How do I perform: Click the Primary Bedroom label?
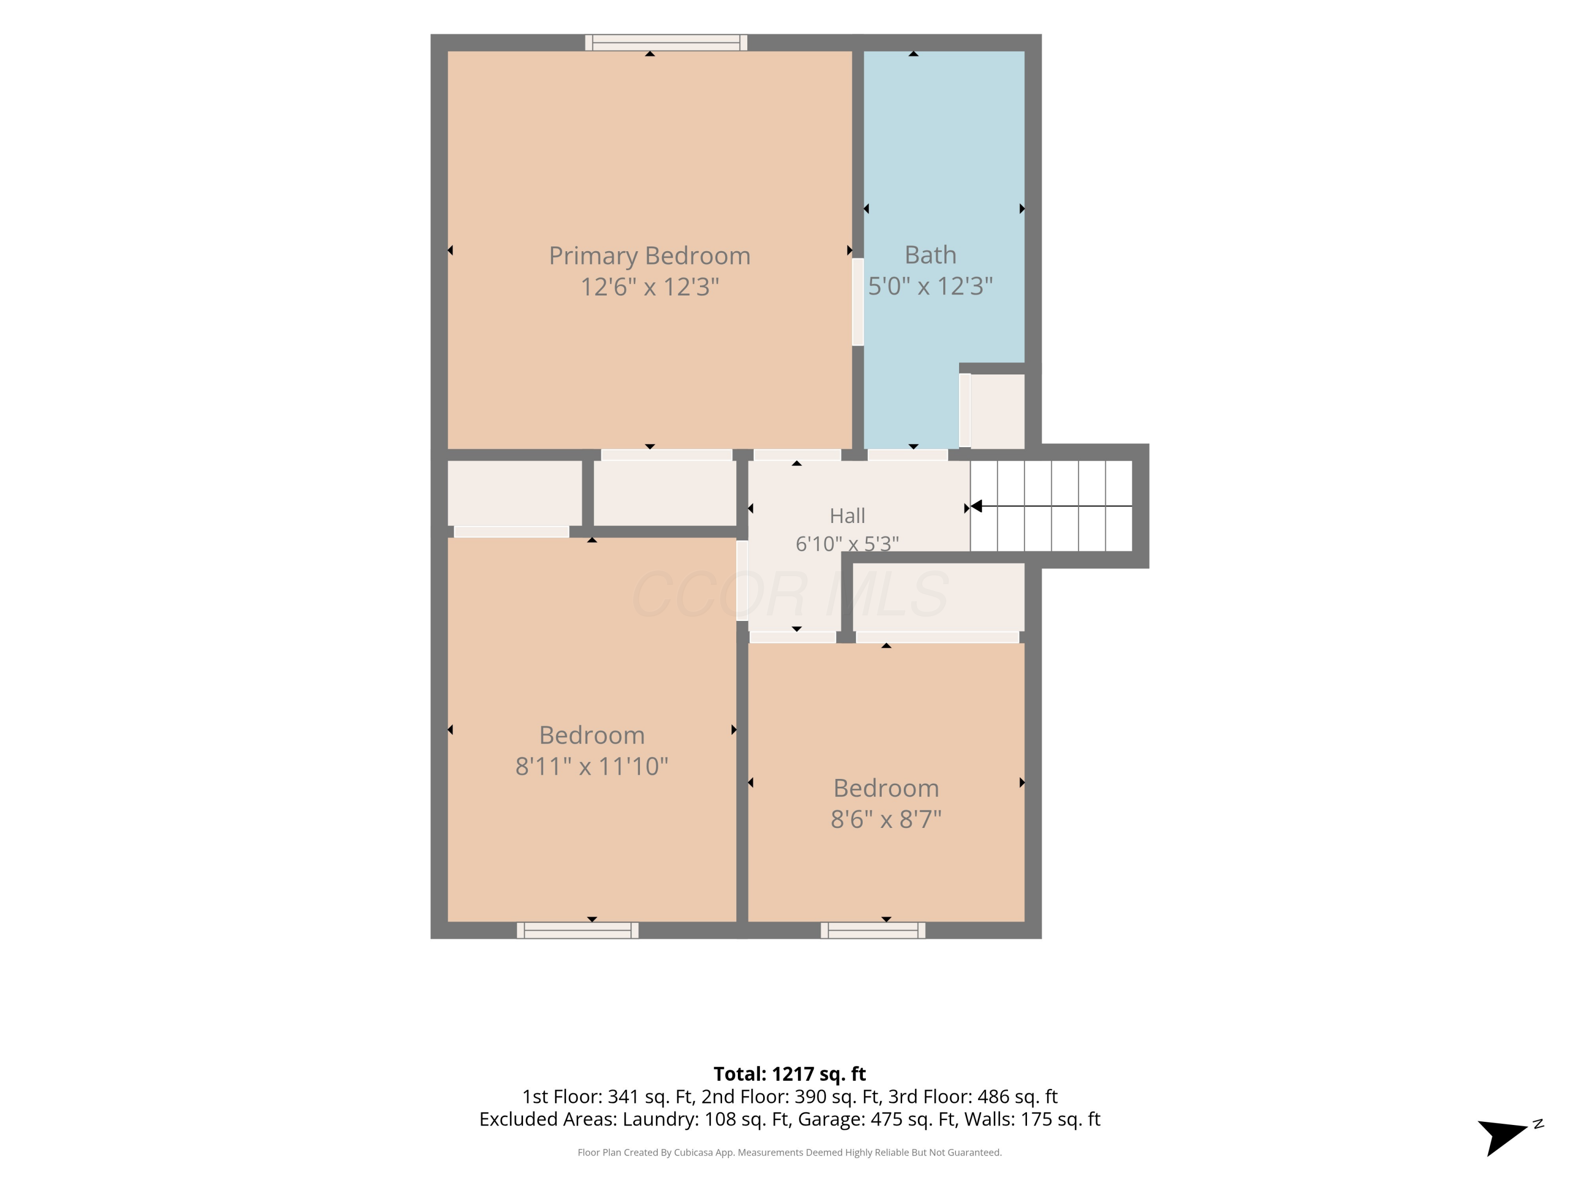(649, 256)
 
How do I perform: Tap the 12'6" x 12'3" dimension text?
(649, 287)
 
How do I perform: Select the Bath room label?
(930, 254)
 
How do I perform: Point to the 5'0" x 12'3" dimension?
(930, 285)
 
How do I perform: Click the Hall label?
(847, 516)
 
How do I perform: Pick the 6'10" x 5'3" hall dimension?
(847, 544)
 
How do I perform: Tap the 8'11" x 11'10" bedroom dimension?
(591, 766)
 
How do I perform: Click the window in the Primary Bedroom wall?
(666, 43)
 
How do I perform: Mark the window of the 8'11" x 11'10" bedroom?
(577, 930)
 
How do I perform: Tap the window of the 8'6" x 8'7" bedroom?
(873, 930)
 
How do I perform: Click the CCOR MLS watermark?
(790, 594)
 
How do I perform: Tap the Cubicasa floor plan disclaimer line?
(789, 1152)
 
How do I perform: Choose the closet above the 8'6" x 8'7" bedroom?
(939, 597)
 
